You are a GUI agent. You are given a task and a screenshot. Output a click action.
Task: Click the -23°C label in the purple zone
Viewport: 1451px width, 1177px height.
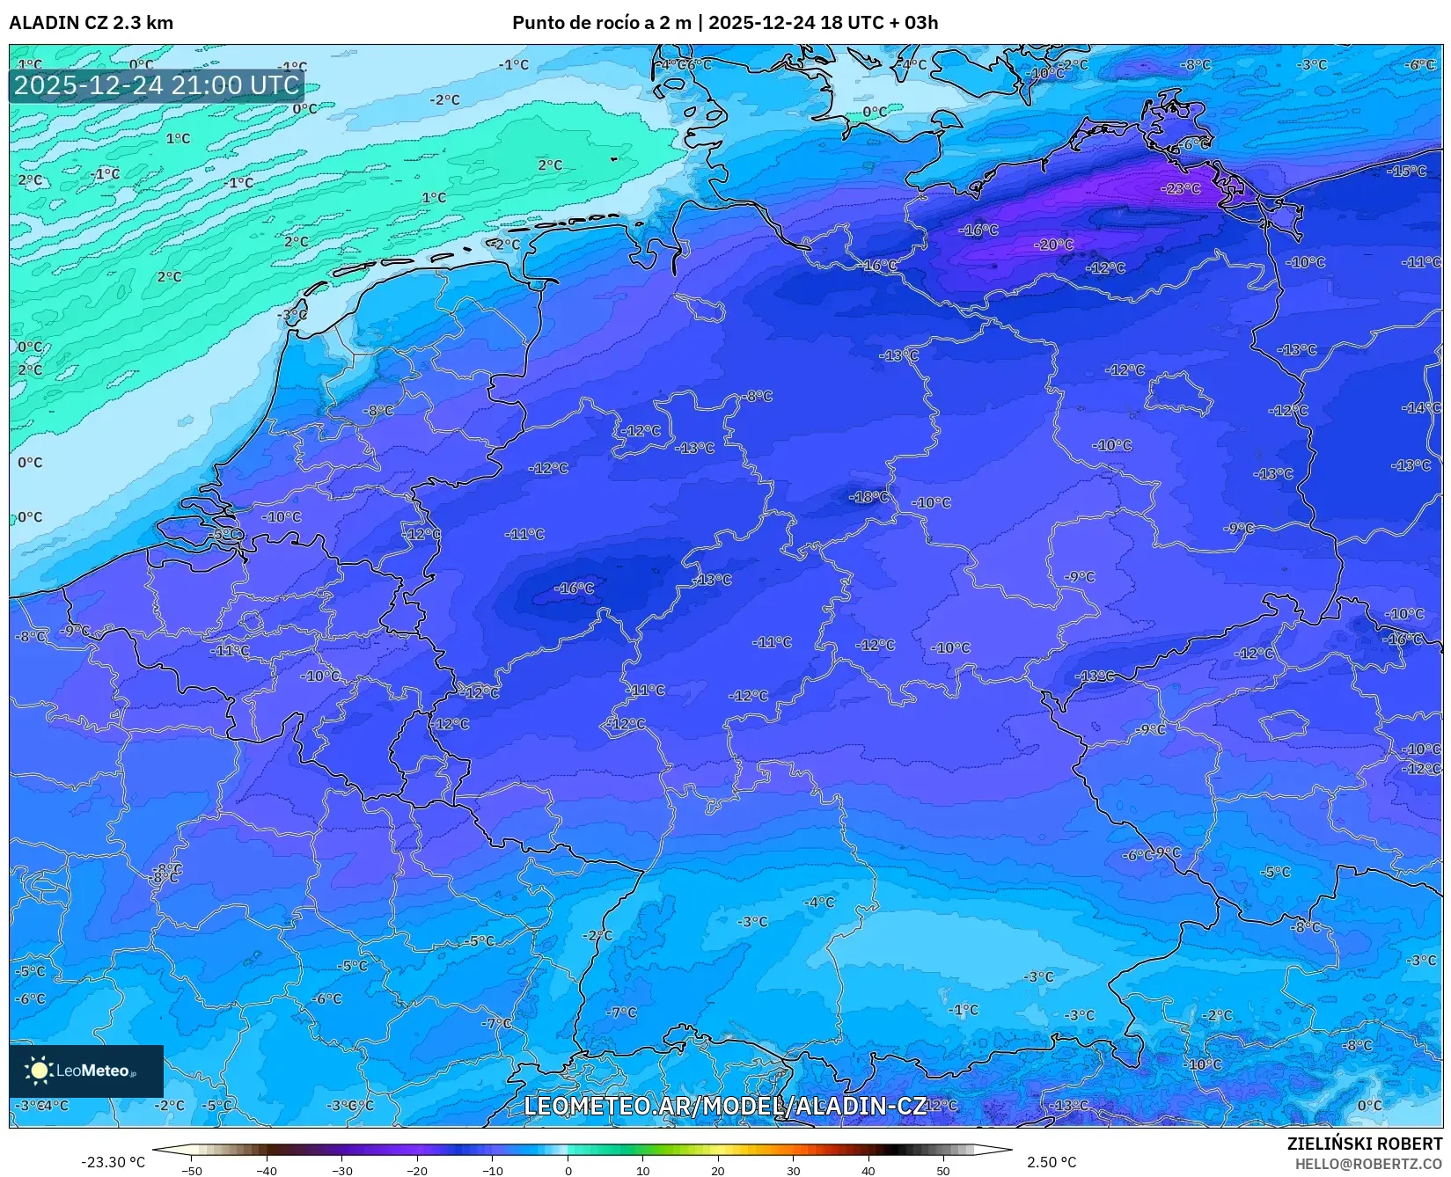click(1180, 188)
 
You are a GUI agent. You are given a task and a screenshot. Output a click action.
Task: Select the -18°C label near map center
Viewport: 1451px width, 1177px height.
click(868, 497)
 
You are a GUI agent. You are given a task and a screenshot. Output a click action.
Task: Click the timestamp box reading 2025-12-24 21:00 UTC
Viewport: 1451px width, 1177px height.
click(157, 85)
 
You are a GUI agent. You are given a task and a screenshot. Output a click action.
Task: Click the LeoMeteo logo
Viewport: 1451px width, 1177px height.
click(85, 1071)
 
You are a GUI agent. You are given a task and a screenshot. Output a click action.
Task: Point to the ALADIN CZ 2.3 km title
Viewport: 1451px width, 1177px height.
click(91, 23)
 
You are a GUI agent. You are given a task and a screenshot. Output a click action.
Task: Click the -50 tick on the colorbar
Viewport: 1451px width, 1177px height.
click(192, 1170)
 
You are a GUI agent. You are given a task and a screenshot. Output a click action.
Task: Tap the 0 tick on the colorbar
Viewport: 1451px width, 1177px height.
click(568, 1170)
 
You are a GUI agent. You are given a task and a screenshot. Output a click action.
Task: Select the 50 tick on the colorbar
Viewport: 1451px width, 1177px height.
click(943, 1170)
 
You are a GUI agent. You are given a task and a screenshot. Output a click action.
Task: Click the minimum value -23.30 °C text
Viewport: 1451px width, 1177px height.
click(113, 1162)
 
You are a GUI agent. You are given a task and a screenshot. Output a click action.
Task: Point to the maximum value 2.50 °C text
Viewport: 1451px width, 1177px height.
click(1052, 1162)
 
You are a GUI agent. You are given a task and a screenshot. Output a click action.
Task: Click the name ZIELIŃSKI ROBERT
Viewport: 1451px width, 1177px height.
click(1364, 1144)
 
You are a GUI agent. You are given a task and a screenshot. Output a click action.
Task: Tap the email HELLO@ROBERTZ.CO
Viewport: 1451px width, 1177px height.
click(1368, 1164)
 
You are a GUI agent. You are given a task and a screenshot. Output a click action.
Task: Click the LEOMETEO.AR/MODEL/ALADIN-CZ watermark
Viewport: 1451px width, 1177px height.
click(724, 1106)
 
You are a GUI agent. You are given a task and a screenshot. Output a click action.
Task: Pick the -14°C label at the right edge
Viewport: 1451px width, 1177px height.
click(1421, 407)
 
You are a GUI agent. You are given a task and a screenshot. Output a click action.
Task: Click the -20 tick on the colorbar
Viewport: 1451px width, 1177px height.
click(417, 1170)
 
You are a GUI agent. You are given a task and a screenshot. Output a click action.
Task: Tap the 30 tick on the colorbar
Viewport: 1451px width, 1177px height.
click(793, 1170)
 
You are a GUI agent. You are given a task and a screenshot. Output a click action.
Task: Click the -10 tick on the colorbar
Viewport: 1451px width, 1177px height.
click(493, 1170)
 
